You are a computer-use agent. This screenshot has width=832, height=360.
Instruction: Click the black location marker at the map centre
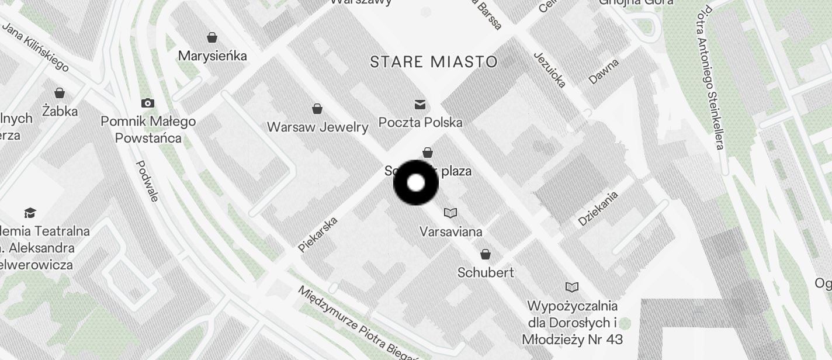[415, 183]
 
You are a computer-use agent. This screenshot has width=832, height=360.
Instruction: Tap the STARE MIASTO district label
[434, 62]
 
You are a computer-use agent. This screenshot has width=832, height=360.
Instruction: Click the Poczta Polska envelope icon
[420, 104]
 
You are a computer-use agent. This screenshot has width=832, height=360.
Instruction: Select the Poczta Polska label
[420, 122]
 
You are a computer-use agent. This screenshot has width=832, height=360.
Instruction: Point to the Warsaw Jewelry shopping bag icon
[317, 109]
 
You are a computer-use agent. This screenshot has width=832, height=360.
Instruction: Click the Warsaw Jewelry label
[317, 127]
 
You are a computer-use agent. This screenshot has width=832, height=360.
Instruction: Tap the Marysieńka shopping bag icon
[212, 37]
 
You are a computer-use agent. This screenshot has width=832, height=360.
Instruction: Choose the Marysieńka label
[212, 56]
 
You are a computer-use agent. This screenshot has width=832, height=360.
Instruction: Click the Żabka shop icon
[59, 92]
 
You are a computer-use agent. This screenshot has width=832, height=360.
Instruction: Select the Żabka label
[60, 110]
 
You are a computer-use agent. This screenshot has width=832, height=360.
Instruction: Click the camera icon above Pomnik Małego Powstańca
[148, 103]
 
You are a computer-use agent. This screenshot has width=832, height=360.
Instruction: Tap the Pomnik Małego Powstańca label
[148, 130]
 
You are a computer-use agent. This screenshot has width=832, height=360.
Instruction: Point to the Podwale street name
[147, 181]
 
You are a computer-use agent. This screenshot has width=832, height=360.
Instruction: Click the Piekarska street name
[318, 234]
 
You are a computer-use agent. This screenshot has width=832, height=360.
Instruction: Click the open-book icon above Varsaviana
[450, 213]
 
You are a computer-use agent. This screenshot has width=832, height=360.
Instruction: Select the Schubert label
[486, 272]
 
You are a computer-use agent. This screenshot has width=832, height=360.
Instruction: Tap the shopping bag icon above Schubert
[485, 254]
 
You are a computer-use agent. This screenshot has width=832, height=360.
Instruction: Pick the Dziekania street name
[598, 209]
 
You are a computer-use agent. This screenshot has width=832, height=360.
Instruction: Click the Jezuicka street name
[550, 69]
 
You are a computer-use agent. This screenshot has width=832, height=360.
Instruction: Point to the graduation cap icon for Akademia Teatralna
[30, 213]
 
